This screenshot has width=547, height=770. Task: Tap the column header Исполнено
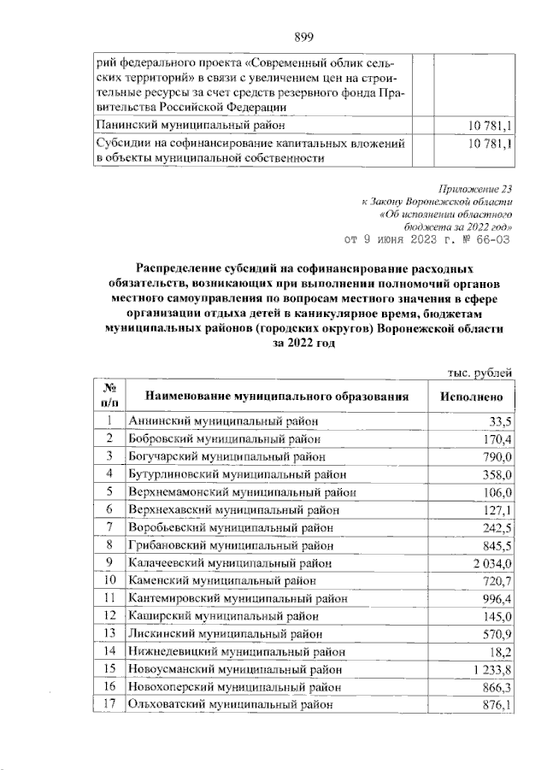[472, 396]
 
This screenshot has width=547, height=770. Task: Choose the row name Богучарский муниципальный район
[225, 456]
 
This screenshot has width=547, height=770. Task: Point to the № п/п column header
[109, 395]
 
